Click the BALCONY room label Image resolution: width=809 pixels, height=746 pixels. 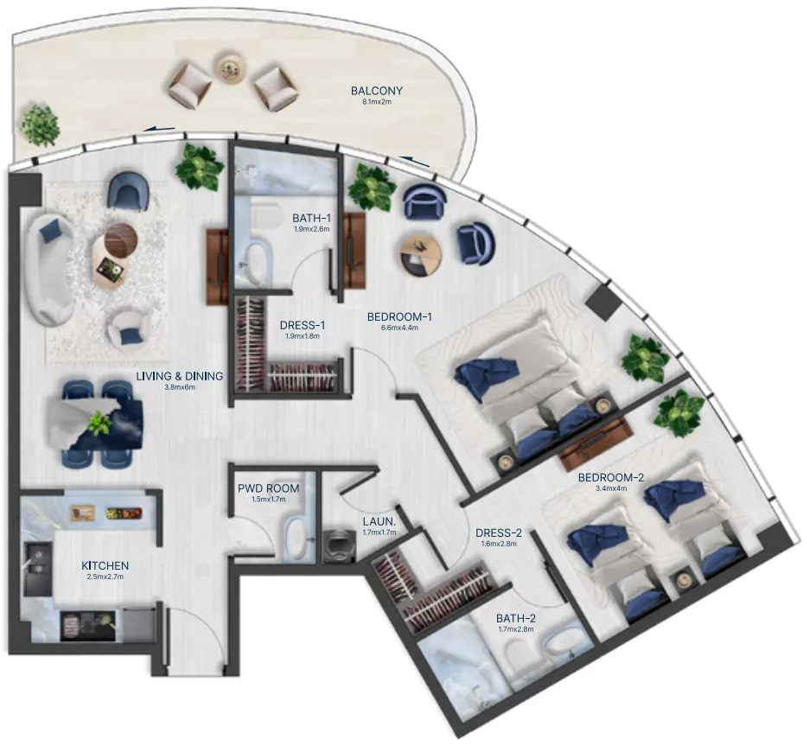[x=376, y=90]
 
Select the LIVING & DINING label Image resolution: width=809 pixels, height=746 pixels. [x=180, y=376]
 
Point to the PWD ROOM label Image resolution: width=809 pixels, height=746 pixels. [x=269, y=488]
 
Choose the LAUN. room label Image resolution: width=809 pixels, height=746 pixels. [x=379, y=521]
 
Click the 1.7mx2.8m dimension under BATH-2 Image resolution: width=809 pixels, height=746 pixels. [x=515, y=629]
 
